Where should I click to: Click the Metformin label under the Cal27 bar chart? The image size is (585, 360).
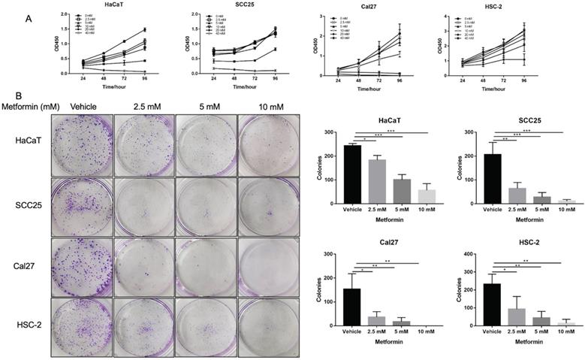pos(384,340)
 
